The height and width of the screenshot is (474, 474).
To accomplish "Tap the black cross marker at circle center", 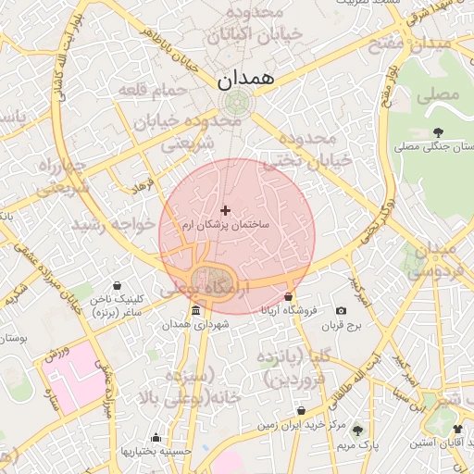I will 225,211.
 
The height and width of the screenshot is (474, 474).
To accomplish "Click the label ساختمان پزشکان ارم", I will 225,226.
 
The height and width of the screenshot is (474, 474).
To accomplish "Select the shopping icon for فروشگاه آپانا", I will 289,297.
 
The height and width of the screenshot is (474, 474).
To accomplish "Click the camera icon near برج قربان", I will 341,311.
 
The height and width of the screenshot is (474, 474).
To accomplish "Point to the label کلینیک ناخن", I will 118,300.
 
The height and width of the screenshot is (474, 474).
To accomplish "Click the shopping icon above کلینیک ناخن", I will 118,286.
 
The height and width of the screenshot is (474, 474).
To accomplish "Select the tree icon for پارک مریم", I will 357,430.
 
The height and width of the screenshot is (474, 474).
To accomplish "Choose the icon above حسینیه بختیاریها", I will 156,438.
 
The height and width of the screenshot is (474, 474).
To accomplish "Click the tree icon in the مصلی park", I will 438,131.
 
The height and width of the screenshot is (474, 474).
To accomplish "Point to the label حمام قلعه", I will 153,90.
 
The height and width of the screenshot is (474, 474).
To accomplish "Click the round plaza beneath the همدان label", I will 234,102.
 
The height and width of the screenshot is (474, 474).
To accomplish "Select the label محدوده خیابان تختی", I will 307,149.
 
